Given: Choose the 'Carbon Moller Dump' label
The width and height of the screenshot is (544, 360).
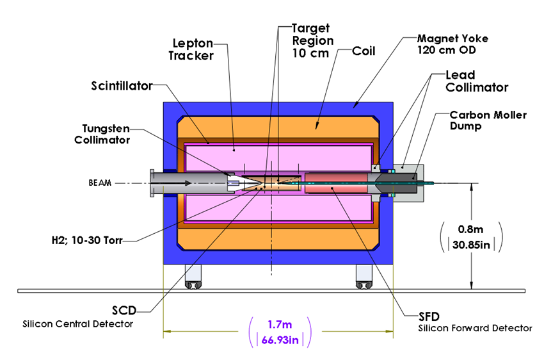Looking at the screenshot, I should pos(489,120).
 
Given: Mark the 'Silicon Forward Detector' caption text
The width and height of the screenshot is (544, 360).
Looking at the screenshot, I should pos(475,328).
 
